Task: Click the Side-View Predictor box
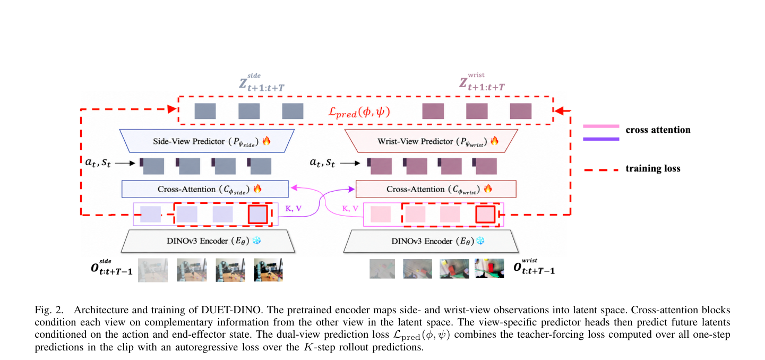(x=207, y=141)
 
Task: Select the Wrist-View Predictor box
(x=431, y=141)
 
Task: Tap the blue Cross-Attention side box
(x=205, y=189)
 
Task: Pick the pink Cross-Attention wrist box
(x=436, y=189)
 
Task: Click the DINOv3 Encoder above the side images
(x=208, y=241)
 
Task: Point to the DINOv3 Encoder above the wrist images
(x=431, y=241)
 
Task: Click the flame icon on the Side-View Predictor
(x=267, y=140)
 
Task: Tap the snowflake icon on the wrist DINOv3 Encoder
(x=480, y=241)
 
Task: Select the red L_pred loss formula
(x=359, y=112)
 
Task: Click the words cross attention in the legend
(x=658, y=130)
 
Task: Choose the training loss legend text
(x=653, y=168)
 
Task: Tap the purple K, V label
(x=294, y=208)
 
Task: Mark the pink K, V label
(x=350, y=208)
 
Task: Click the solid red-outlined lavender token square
(x=258, y=215)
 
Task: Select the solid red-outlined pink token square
(x=485, y=215)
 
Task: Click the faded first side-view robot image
(x=153, y=270)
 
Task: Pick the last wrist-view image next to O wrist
(x=489, y=269)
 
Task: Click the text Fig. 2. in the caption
(x=49, y=310)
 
